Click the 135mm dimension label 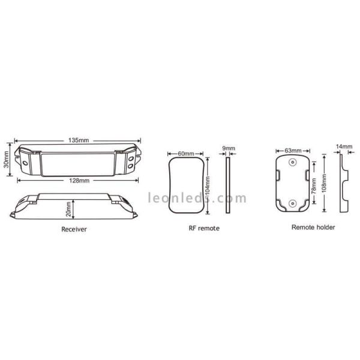(x=79, y=140)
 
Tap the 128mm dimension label (x=79, y=181)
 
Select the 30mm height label (x=6, y=160)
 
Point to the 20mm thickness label (x=68, y=209)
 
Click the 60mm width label (x=186, y=154)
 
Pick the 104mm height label (x=208, y=185)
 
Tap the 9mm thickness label (x=229, y=148)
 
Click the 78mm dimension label (x=314, y=186)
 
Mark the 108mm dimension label (x=324, y=184)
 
